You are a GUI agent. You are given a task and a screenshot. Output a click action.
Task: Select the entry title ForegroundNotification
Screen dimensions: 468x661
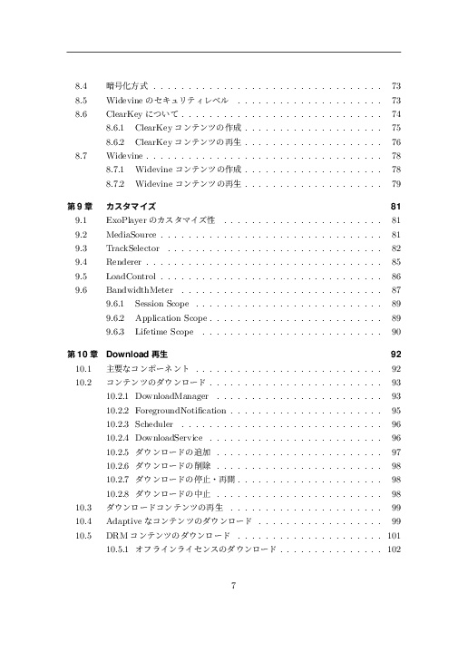(180, 411)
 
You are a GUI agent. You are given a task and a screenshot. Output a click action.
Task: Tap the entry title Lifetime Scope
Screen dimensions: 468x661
(163, 332)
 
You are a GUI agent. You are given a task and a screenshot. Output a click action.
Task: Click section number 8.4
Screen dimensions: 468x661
(80, 85)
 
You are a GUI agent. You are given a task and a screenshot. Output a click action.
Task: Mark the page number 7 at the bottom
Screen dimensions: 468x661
(234, 584)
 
